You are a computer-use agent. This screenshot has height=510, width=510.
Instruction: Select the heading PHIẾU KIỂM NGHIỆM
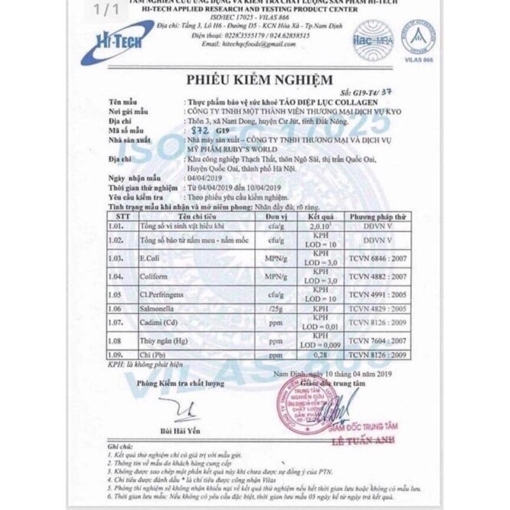tap(259, 80)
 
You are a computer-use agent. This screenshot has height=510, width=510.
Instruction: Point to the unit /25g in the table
tap(274, 309)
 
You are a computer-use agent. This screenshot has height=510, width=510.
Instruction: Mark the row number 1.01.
tap(117, 226)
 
